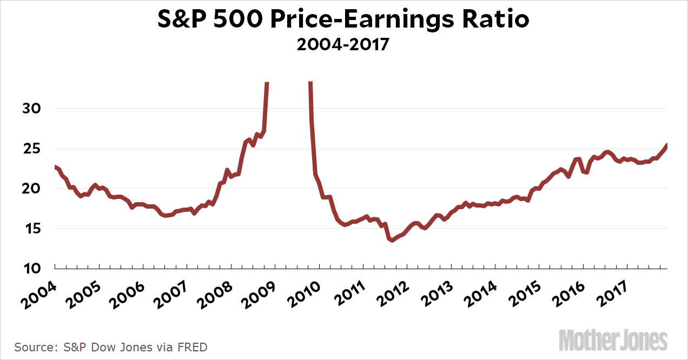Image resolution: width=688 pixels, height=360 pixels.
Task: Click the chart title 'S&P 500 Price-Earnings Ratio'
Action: pyautogui.click(x=343, y=20)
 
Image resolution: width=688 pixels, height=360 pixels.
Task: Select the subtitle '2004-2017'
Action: pyautogui.click(x=343, y=44)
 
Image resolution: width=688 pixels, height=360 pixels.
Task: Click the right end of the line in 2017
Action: pyautogui.click(x=666, y=145)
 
